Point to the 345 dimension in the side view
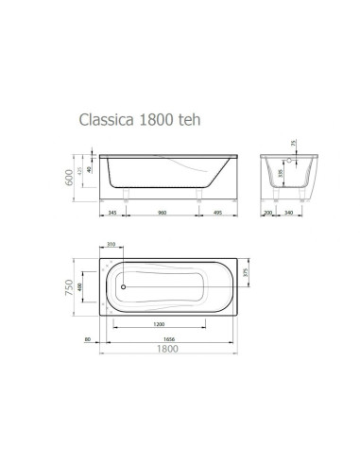(112, 214)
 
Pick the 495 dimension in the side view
(218, 214)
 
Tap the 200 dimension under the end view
(269, 214)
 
